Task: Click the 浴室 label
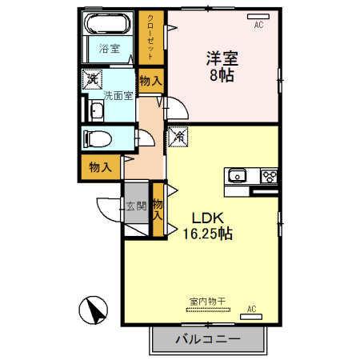[108, 49]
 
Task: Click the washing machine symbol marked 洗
[92, 79]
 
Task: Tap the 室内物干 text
[208, 302]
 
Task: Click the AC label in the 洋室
[258, 25]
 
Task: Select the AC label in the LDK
[251, 309]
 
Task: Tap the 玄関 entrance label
[135, 206]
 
